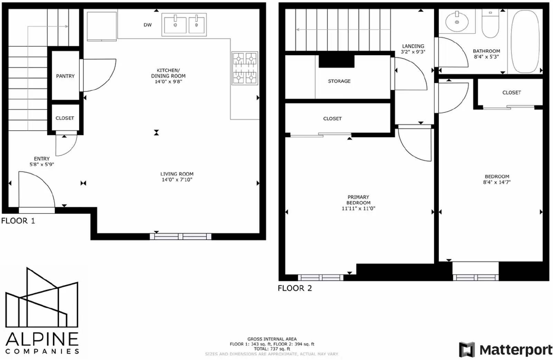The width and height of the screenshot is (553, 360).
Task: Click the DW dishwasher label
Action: [148, 25]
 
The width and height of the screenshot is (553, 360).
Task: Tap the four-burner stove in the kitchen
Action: [245, 68]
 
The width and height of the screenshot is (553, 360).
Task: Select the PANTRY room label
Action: [65, 76]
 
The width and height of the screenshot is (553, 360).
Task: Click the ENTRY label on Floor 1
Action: [42, 159]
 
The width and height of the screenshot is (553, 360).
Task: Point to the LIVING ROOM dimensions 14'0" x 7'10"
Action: [177, 180]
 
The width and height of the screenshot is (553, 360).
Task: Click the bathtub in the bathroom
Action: [525, 41]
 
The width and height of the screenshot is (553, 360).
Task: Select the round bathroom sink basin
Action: [457, 22]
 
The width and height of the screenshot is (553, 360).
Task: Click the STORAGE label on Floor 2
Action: [339, 81]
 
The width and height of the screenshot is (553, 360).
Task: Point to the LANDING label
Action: [413, 46]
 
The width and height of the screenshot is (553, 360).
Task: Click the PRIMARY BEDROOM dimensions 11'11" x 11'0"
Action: [358, 208]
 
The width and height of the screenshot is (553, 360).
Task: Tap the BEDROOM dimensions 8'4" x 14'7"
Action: [497, 182]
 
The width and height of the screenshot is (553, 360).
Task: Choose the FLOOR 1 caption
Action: [18, 221]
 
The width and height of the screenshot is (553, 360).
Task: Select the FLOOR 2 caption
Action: [295, 288]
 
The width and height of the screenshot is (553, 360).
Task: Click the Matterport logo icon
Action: [467, 350]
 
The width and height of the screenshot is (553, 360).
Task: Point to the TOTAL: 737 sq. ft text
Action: [272, 349]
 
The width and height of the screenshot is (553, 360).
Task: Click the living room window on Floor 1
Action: [180, 237]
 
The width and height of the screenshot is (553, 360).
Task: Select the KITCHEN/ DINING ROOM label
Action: [168, 73]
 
